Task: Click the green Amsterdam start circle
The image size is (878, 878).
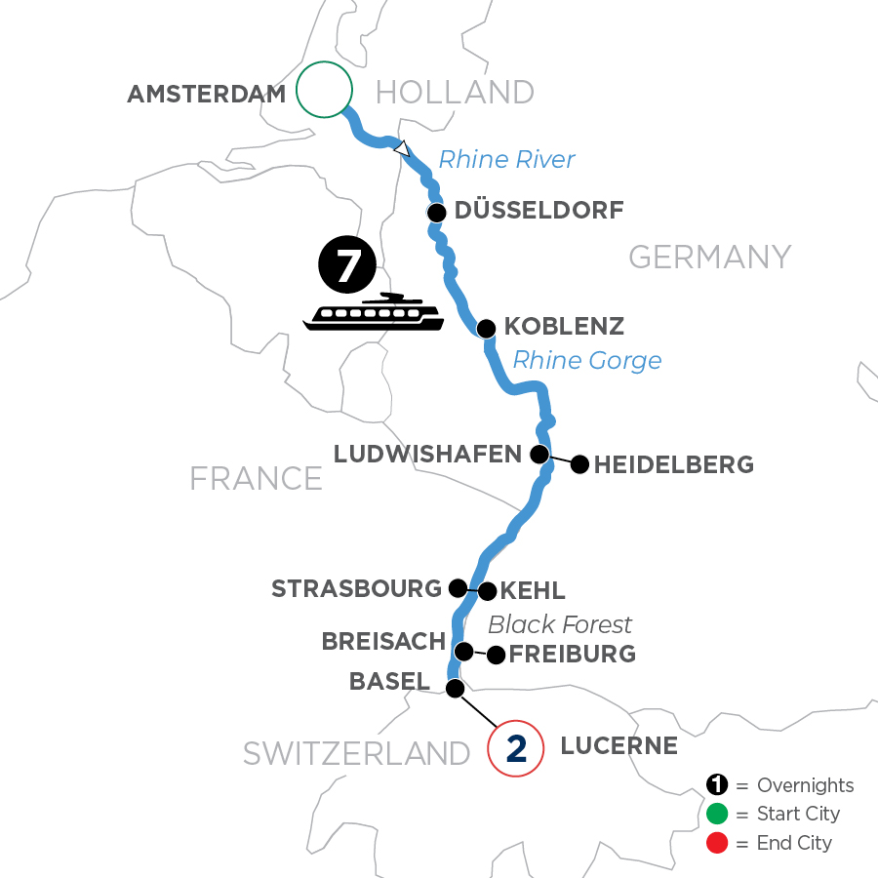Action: tap(323, 90)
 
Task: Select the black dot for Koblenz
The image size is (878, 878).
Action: tap(486, 328)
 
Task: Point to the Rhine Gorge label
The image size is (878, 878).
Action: tap(586, 360)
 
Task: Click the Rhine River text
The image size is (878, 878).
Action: tap(506, 159)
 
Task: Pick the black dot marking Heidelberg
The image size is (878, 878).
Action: tap(579, 464)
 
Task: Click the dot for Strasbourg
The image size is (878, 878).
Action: tap(457, 587)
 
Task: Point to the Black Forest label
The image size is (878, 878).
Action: tap(560, 624)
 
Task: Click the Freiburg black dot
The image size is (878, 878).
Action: tap(497, 655)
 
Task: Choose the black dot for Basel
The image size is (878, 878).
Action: tap(455, 689)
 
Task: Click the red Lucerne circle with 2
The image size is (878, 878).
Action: tap(516, 748)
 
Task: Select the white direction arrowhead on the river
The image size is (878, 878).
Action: tap(401, 149)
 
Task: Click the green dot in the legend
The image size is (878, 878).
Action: tap(717, 814)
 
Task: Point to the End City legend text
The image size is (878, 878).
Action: tap(794, 843)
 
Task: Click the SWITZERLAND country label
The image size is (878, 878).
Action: tap(357, 752)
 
